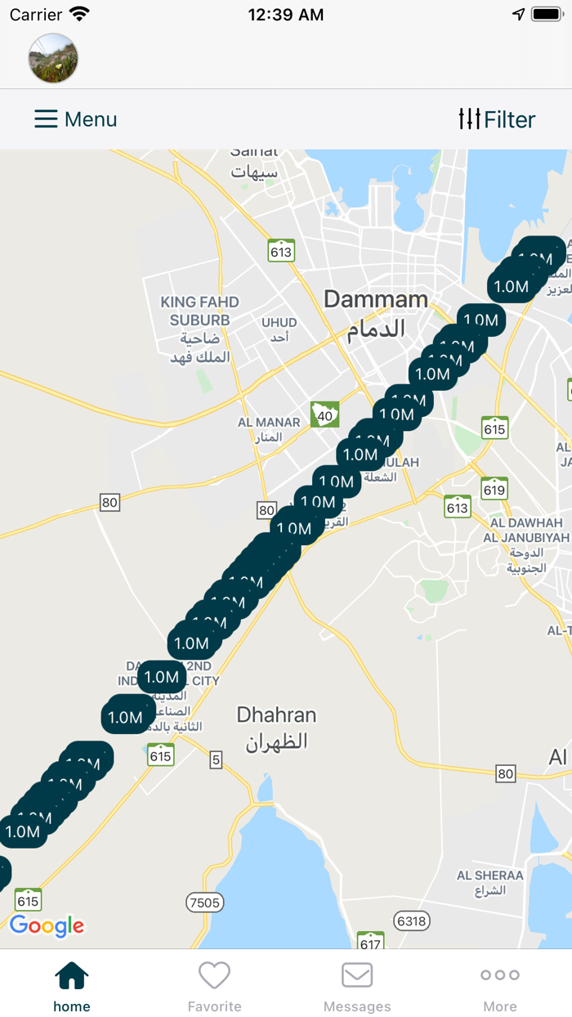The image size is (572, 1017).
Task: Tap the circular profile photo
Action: click(53, 58)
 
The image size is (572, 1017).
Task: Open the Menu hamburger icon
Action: click(46, 119)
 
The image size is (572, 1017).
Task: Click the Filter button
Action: click(496, 119)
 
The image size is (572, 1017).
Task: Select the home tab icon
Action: click(72, 975)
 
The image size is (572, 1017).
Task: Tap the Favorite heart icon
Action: click(214, 975)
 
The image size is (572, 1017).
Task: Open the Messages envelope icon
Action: click(357, 975)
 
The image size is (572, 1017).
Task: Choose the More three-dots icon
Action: click(500, 975)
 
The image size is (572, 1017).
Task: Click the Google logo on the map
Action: click(47, 925)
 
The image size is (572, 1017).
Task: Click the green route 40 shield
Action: click(325, 414)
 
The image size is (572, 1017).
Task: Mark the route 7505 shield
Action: click(203, 903)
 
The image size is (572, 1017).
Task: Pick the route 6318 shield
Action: click(411, 921)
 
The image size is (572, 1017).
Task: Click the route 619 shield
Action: click(494, 489)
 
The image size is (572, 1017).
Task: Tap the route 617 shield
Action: click(371, 943)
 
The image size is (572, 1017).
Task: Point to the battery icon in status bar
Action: click(547, 15)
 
